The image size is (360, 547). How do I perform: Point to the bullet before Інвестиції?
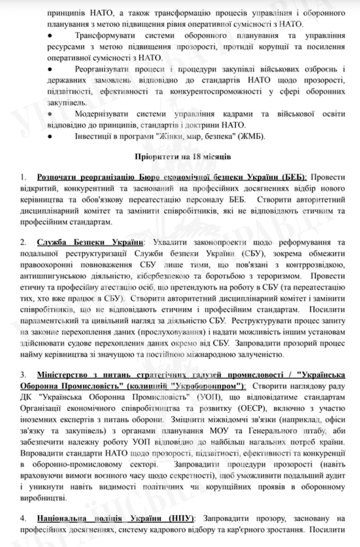49,136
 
